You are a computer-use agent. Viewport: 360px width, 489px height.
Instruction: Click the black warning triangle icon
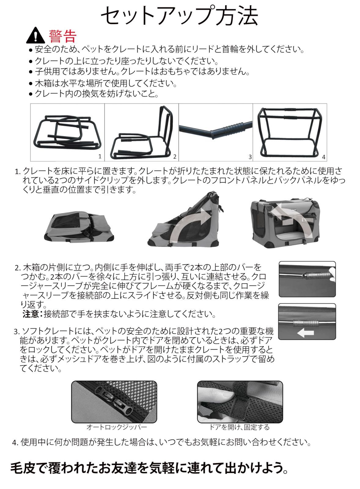coord(36,35)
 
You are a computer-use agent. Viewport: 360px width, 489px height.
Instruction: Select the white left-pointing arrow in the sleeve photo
coord(305,333)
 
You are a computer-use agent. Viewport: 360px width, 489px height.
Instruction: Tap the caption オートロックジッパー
coord(117,427)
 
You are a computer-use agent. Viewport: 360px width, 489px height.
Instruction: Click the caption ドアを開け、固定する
coord(239,427)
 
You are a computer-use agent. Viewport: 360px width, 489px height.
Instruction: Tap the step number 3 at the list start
coord(17,332)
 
